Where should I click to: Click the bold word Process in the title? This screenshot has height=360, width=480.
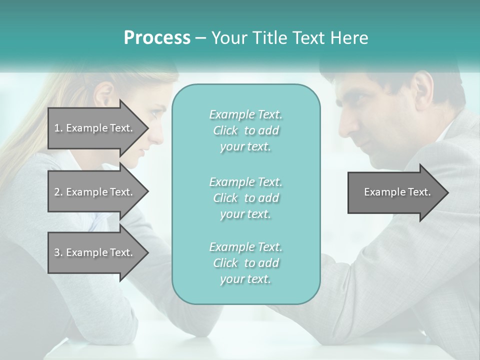(x=157, y=38)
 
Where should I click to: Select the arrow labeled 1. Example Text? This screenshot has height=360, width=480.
(x=95, y=128)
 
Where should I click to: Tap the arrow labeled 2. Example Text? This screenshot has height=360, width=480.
(x=95, y=192)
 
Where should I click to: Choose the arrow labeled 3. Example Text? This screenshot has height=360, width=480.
(x=95, y=252)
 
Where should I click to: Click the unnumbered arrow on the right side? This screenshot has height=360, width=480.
(x=397, y=192)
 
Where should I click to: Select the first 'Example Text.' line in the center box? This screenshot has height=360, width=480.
(x=245, y=114)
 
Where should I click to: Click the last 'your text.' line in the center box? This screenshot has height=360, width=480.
(x=245, y=279)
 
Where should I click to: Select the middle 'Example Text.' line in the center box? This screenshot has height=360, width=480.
(x=245, y=181)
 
